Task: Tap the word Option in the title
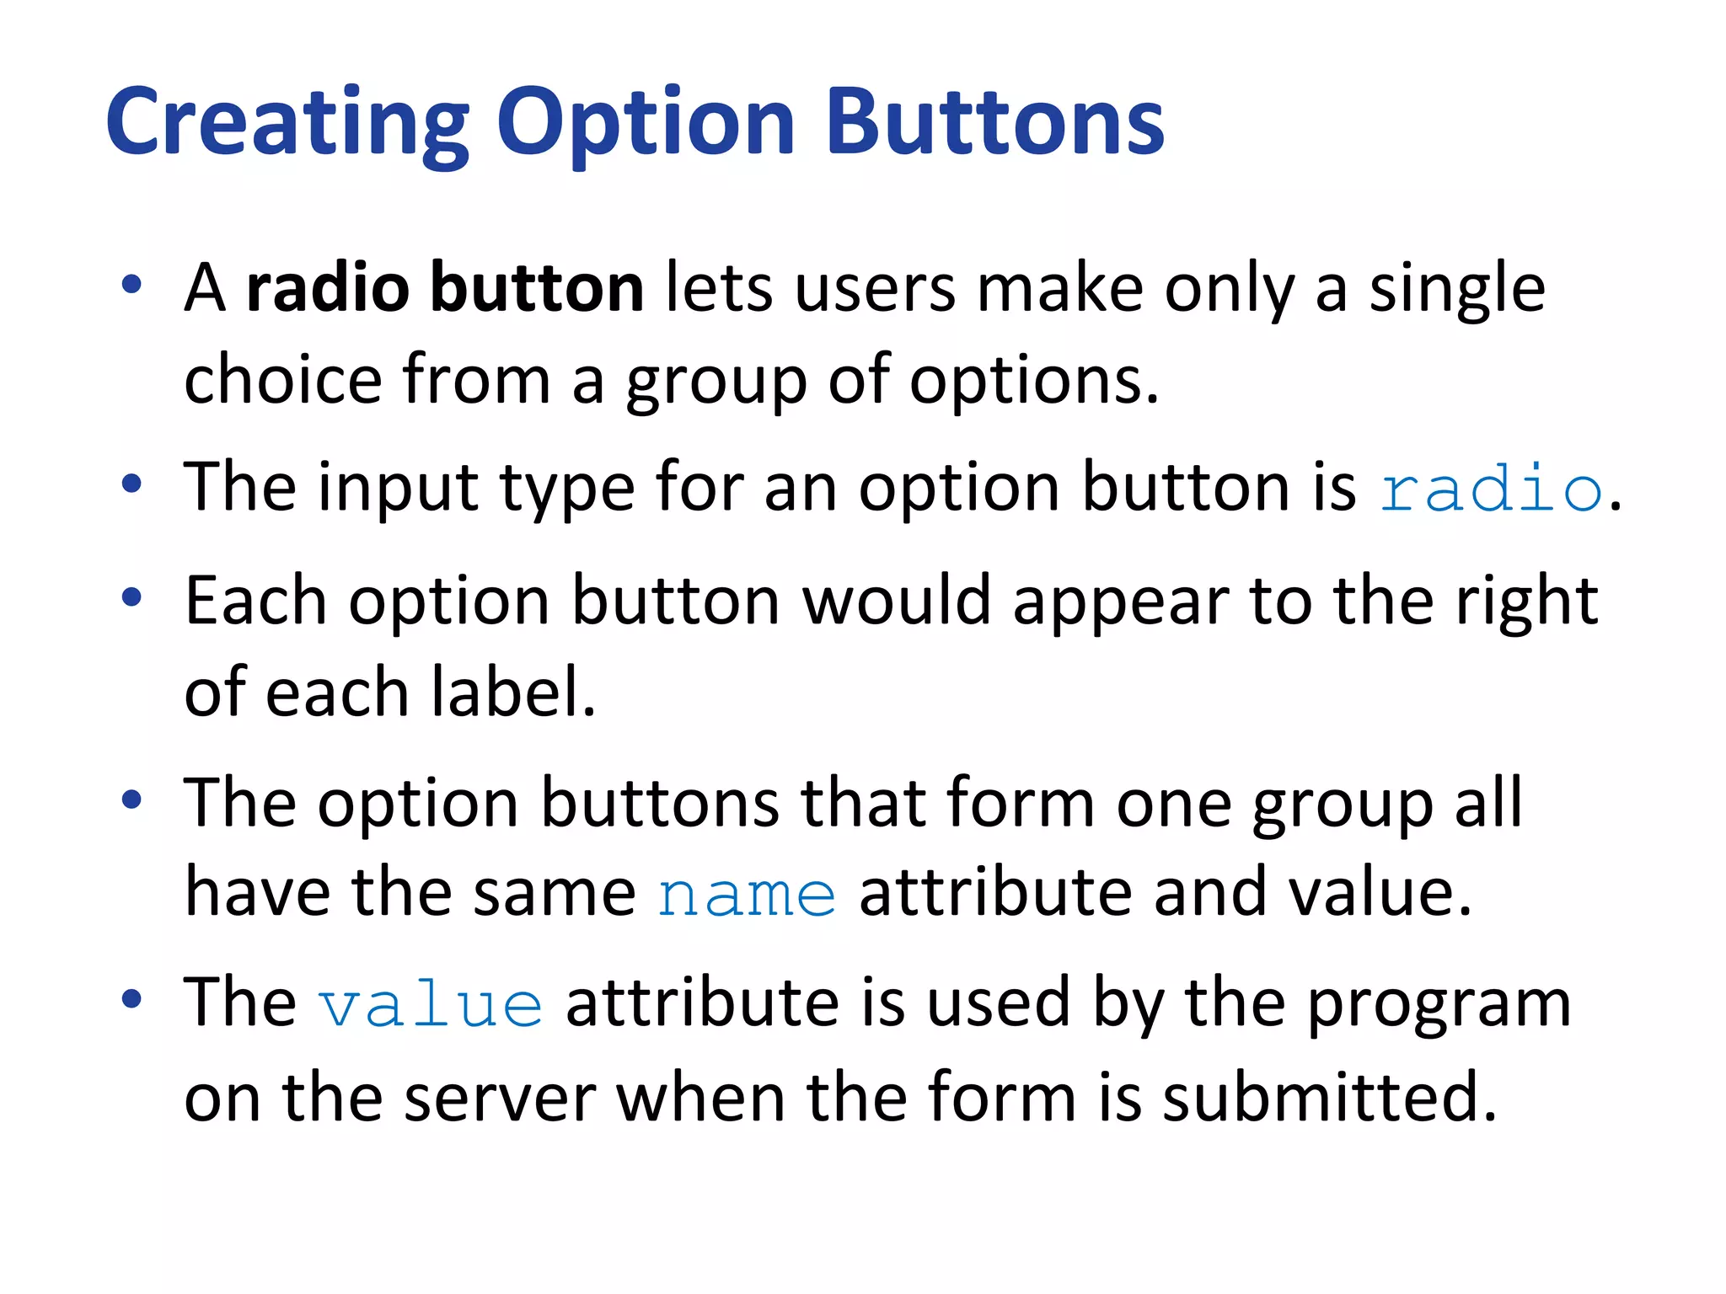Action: pos(646,125)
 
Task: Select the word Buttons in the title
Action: pos(995,125)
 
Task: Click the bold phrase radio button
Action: pos(445,288)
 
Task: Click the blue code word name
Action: pos(747,895)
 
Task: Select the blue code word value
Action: pos(431,1006)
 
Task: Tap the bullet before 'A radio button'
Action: pos(131,285)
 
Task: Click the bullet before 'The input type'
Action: pos(131,484)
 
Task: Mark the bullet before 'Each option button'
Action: pos(131,597)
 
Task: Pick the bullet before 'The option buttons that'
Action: pos(131,799)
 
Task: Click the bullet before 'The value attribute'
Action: pos(131,999)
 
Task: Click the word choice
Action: pos(283,381)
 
